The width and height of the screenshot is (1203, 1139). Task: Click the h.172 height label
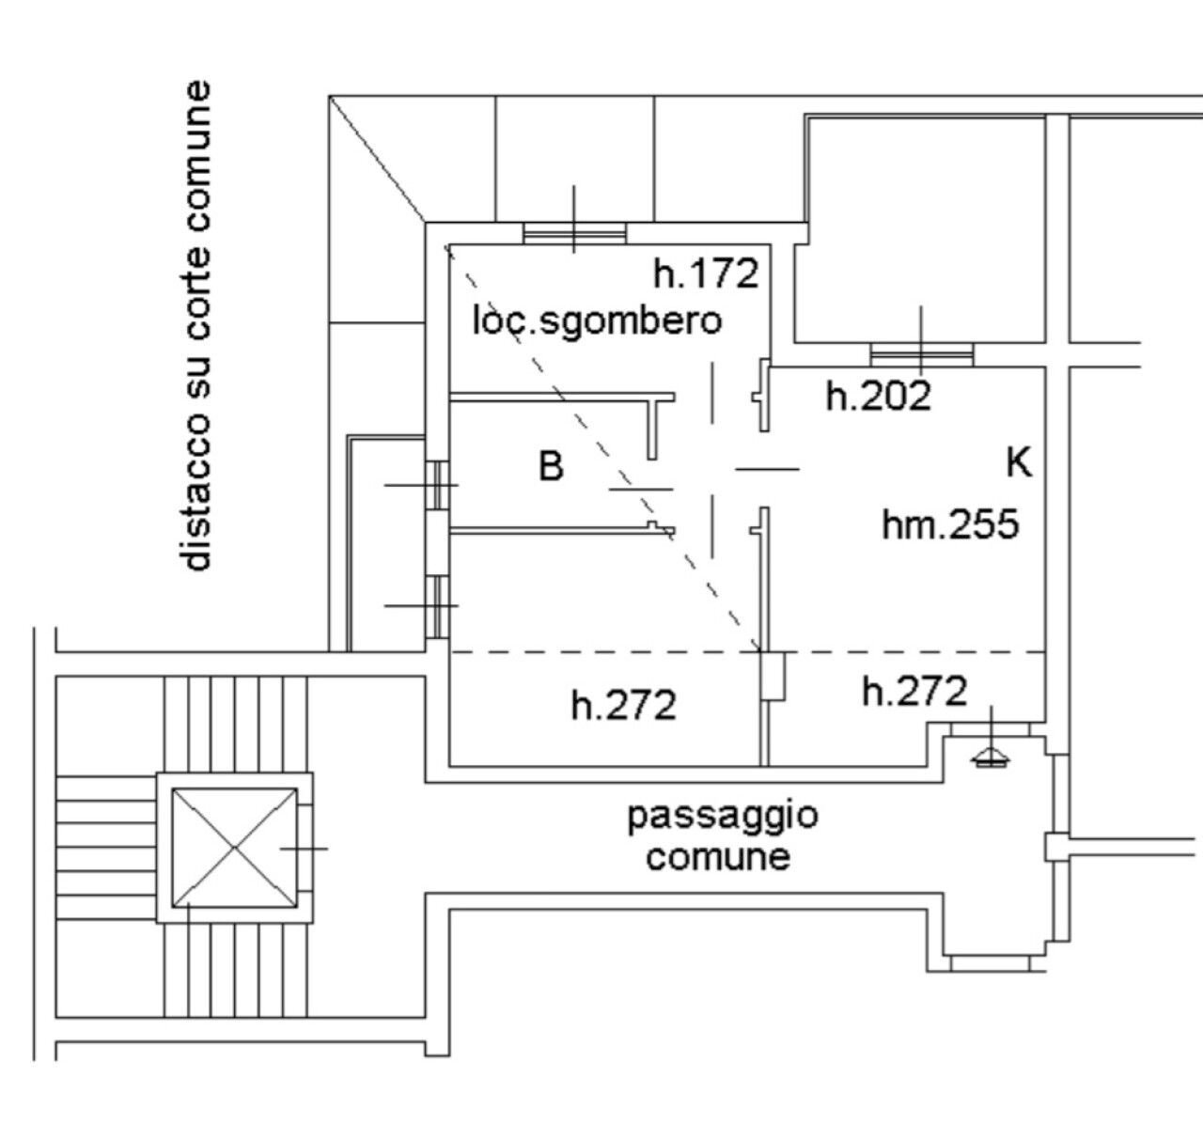[706, 273]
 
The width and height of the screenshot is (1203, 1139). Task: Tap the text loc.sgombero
[597, 321]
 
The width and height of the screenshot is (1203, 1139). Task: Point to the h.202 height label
[879, 396]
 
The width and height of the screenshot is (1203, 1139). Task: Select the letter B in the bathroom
[551, 466]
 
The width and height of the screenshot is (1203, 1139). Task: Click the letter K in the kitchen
[1020, 462]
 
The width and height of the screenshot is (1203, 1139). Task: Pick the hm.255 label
[950, 524]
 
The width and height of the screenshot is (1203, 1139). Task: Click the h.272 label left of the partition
[623, 705]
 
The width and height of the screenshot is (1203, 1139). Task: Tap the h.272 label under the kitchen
[914, 691]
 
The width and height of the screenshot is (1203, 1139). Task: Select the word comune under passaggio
[718, 857]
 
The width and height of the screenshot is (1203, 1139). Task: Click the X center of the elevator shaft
[234, 848]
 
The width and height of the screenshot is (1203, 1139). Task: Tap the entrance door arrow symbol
[992, 757]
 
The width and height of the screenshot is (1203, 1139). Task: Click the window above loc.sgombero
[574, 233]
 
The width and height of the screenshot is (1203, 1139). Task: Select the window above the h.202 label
[922, 355]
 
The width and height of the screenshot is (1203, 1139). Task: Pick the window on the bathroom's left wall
[438, 485]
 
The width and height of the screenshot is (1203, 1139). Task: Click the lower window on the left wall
[438, 606]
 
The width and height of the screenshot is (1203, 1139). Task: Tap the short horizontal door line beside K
[767, 470]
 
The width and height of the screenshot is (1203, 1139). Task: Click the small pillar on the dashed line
[773, 676]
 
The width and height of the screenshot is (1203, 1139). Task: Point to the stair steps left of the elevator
[106, 847]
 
